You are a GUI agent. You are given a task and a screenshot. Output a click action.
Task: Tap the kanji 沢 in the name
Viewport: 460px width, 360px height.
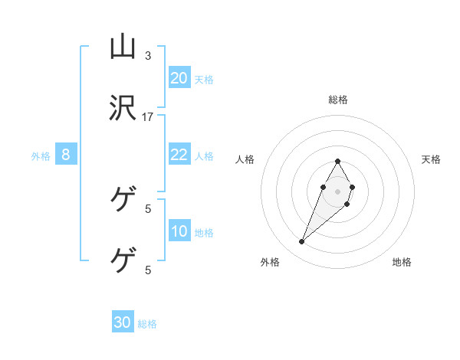[123, 109]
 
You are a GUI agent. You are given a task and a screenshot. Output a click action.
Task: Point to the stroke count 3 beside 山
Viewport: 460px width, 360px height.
[148, 56]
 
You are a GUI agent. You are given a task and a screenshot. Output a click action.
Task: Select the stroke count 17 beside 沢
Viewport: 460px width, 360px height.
[148, 116]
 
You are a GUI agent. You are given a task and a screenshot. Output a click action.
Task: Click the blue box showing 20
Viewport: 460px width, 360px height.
[179, 78]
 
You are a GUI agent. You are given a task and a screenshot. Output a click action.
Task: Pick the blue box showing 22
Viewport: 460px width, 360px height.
[179, 155]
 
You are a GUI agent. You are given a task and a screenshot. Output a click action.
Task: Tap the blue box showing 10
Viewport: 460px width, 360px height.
[179, 231]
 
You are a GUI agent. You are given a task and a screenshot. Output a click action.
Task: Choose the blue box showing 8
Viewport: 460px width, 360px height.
[66, 155]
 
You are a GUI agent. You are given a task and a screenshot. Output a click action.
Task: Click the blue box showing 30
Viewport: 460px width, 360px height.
[123, 322]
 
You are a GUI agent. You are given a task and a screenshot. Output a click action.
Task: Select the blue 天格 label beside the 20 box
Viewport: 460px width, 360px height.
[204, 79]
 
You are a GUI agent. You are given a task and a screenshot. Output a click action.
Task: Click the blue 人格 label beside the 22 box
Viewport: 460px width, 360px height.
[204, 155]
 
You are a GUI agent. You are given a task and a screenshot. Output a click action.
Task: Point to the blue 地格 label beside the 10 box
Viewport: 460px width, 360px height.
[204, 232]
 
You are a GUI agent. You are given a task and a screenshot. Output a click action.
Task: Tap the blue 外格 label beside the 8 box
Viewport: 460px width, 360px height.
[41, 155]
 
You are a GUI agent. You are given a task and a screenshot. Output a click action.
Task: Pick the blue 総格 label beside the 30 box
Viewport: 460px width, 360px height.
[147, 323]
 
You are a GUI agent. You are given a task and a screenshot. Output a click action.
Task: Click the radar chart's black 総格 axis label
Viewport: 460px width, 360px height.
[337, 100]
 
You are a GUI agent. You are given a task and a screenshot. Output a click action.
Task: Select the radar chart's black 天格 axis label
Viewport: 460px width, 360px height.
[432, 159]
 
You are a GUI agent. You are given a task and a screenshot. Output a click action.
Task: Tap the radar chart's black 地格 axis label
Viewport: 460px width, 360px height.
[402, 263]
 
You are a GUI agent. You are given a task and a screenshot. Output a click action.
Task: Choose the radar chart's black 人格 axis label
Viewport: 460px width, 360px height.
[245, 159]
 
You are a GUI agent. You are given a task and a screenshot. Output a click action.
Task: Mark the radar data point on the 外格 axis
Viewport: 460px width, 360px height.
[302, 242]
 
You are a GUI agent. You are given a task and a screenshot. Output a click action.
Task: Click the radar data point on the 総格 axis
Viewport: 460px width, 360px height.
[337, 161]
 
